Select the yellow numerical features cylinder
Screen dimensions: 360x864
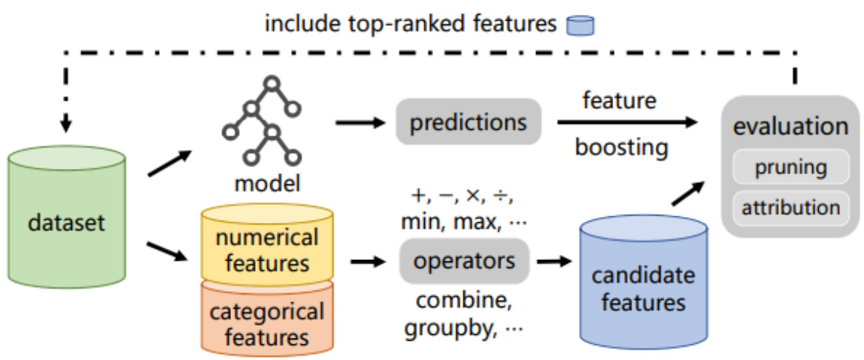pos(267,250)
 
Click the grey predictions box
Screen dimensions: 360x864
pos(468,122)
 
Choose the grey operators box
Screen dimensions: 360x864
pos(464,261)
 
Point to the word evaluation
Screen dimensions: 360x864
pos(790,127)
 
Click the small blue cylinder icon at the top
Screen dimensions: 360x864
pos(580,25)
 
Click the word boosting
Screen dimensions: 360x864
pos(621,147)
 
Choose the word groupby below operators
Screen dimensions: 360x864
pos(448,328)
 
